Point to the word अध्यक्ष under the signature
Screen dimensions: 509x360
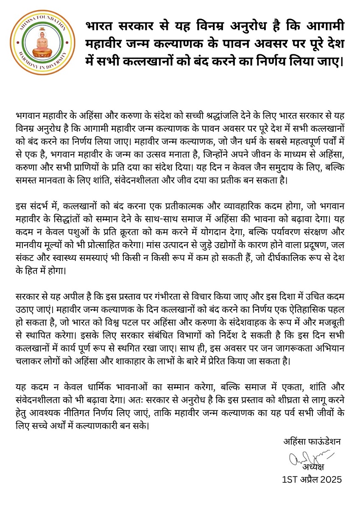[x=313, y=467]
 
